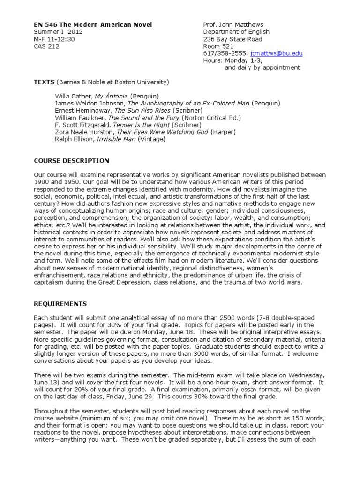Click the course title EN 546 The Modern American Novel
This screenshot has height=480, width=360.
point(93,25)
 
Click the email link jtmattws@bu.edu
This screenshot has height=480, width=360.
point(277,53)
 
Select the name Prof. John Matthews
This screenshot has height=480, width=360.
point(233,25)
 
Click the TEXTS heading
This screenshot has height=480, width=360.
point(44,82)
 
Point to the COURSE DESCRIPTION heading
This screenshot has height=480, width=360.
point(71,161)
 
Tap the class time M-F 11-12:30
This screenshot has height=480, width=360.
point(54,39)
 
